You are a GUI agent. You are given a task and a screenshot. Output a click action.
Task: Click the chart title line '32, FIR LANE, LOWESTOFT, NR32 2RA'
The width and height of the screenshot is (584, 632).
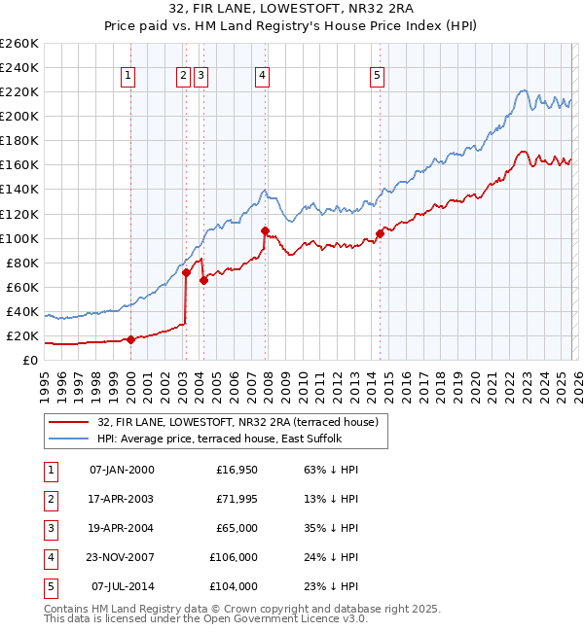click(x=291, y=11)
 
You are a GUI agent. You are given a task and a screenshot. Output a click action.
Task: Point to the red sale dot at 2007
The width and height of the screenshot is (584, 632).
click(x=265, y=230)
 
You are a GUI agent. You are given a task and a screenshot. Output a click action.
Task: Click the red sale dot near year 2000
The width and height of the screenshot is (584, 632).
click(x=130, y=339)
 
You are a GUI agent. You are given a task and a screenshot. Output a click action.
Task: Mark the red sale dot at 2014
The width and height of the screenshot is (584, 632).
click(x=379, y=233)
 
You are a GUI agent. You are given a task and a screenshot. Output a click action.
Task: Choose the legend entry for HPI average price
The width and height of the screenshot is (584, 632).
click(x=219, y=439)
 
